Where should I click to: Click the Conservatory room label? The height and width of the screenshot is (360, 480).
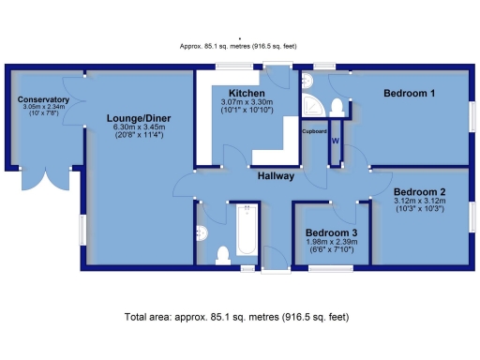click(x=44, y=99)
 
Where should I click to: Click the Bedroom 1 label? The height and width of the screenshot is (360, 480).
click(x=409, y=94)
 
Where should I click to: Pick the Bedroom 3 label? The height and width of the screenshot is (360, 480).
click(x=331, y=232)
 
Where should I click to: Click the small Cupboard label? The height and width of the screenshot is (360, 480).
click(x=314, y=132)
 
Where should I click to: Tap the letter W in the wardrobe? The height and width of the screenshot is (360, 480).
click(x=334, y=141)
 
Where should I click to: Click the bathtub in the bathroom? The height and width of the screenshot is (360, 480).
click(x=247, y=230)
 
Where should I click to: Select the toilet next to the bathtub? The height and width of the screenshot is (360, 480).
click(x=221, y=253)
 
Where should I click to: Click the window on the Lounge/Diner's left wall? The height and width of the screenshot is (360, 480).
click(x=82, y=228)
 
